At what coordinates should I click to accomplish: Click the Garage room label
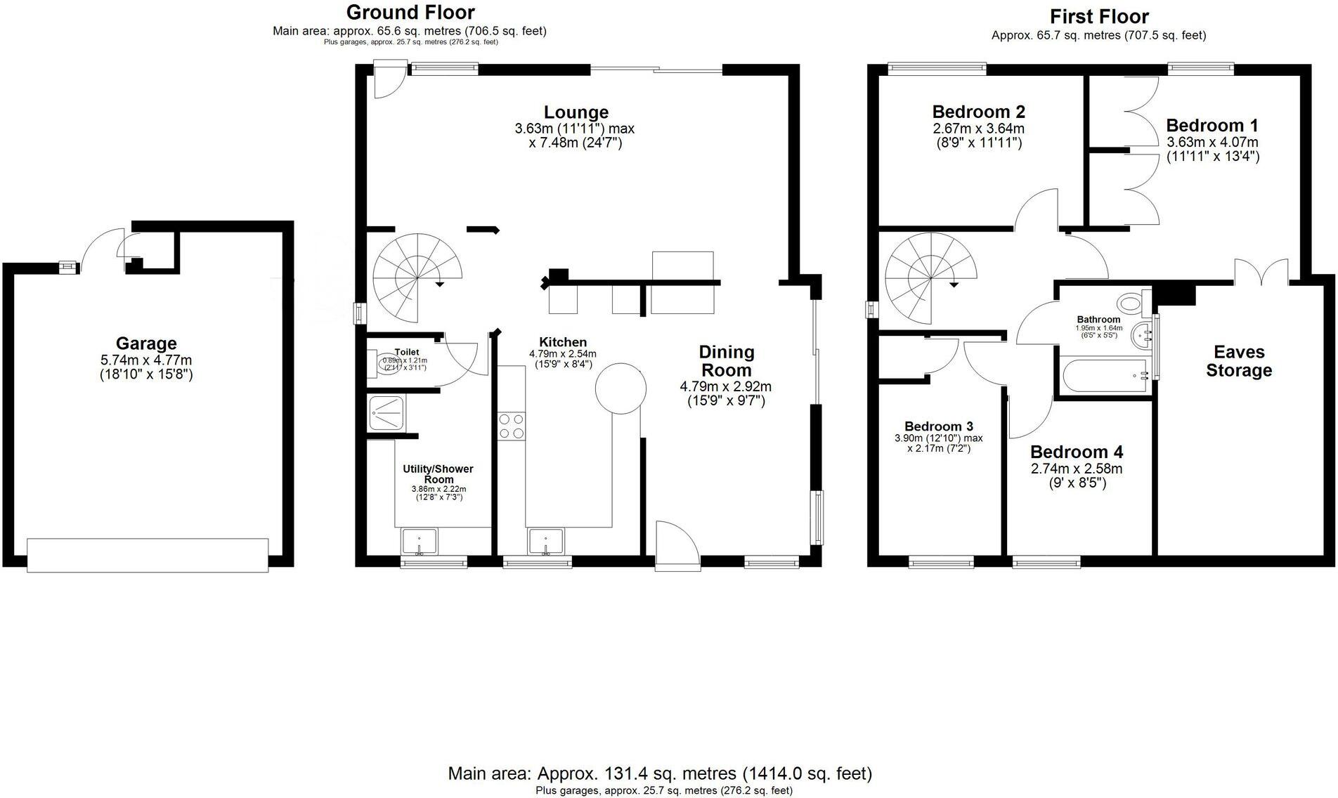pyautogui.click(x=146, y=344)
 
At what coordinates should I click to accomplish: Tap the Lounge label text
pyautogui.click(x=576, y=112)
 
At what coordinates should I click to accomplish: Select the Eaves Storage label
pyautogui.click(x=1238, y=361)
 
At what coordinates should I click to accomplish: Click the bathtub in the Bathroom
pyautogui.click(x=1104, y=376)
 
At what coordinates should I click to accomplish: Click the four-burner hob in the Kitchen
pyautogui.click(x=511, y=426)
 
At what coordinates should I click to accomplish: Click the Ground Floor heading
pyautogui.click(x=410, y=12)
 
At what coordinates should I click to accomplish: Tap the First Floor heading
pyautogui.click(x=1099, y=16)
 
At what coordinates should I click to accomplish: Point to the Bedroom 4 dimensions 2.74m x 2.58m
pyautogui.click(x=1076, y=469)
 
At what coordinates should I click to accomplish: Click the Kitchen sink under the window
pyautogui.click(x=545, y=542)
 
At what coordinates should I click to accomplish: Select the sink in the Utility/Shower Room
pyautogui.click(x=419, y=542)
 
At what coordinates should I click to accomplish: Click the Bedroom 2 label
pyautogui.click(x=978, y=112)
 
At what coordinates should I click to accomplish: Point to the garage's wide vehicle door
pyautogui.click(x=148, y=554)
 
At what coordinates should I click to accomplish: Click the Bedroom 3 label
pyautogui.click(x=938, y=426)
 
